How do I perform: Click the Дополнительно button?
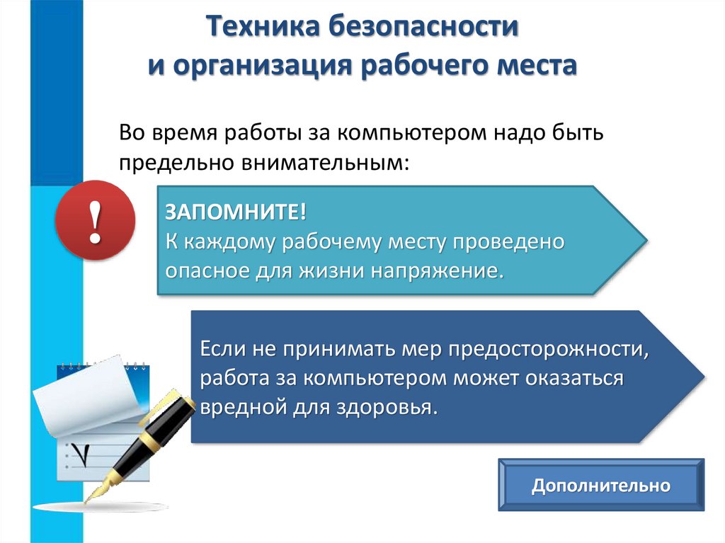pyautogui.click(x=601, y=486)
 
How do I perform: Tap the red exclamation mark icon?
pyautogui.click(x=95, y=220)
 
